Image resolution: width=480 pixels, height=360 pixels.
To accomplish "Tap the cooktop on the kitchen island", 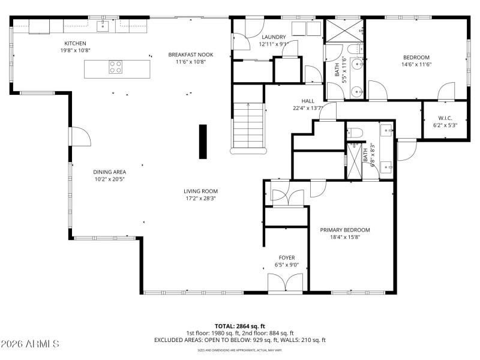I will point(116,67).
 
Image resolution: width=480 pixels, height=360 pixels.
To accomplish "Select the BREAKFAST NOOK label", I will point(190,55).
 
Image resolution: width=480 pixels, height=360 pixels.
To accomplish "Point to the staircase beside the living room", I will point(248,127).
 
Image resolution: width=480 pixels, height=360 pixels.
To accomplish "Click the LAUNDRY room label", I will point(273,37).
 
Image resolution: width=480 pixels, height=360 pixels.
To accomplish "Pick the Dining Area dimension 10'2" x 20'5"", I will point(109,179).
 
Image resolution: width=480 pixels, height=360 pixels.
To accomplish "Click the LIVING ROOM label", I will point(200,191).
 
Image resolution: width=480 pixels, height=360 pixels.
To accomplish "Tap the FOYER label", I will point(286,257).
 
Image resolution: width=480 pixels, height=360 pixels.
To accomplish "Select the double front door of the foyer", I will point(286,283).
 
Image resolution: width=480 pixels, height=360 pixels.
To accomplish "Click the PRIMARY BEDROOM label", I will point(344,230).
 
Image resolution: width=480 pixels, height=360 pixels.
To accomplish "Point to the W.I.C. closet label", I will point(445,118).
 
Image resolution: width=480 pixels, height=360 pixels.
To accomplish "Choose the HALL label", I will point(308,101).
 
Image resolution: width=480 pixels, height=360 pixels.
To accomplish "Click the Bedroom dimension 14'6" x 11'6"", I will point(416,64).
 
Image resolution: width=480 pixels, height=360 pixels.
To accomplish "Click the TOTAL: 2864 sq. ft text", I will point(239,326).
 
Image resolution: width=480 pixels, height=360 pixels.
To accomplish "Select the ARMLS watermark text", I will point(30,344).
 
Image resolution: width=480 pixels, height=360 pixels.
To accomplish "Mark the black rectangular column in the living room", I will point(203,142).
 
